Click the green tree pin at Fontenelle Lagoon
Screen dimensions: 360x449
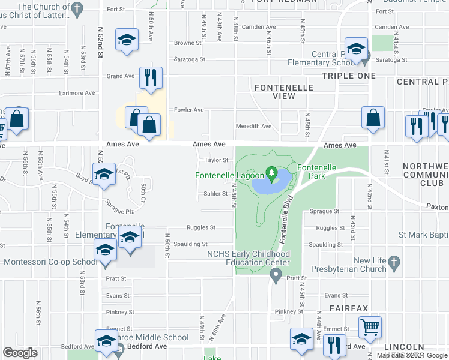click(x=271, y=175)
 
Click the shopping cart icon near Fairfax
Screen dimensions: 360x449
click(x=370, y=328)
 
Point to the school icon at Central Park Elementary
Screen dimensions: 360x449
click(x=356, y=49)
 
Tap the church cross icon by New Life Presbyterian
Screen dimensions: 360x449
click(x=393, y=262)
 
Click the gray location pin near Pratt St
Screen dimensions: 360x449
click(x=276, y=276)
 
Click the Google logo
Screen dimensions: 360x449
click(x=20, y=353)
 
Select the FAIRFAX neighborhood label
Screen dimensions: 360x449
click(x=348, y=308)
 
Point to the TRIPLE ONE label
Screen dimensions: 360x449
click(x=349, y=76)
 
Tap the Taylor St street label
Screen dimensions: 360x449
click(x=217, y=160)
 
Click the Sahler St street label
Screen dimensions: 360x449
click(x=215, y=194)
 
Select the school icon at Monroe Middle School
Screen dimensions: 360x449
click(x=106, y=340)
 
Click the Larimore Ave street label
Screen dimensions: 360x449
click(x=77, y=93)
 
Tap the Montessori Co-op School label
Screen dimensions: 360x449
click(x=50, y=262)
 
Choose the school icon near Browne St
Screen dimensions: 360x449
click(x=126, y=40)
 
